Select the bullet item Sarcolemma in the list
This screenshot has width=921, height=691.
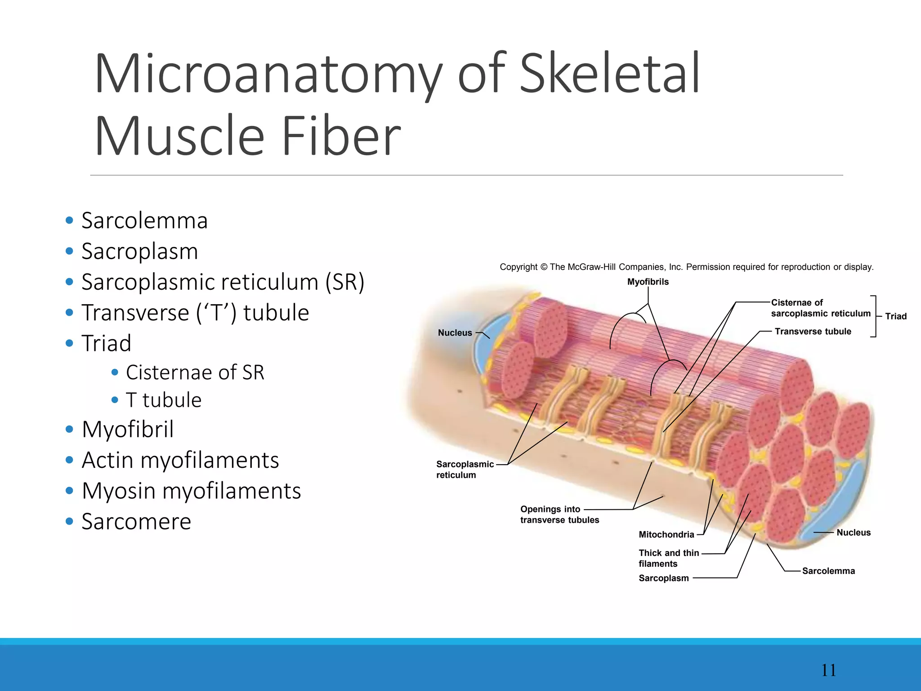tap(144, 221)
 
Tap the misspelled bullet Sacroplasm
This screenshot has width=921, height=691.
tap(139, 251)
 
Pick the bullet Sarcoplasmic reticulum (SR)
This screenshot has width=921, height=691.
tap(223, 283)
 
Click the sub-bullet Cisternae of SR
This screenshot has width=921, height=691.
tap(195, 372)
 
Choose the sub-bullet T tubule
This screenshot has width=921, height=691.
tap(163, 400)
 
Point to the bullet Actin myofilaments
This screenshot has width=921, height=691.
tap(180, 460)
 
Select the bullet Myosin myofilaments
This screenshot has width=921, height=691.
tap(191, 491)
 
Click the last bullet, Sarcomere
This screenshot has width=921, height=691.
tap(136, 522)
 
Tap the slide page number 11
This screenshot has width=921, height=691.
tap(828, 670)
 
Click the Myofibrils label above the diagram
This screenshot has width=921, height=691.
tap(648, 282)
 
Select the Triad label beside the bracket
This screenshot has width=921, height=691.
tap(896, 316)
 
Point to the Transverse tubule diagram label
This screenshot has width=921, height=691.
tap(813, 332)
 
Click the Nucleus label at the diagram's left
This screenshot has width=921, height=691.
tap(455, 333)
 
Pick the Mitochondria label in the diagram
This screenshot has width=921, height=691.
tap(666, 534)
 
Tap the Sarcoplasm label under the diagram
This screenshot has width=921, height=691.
tap(663, 578)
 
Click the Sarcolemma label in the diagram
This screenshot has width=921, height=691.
tap(828, 571)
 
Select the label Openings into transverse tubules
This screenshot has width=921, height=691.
tap(559, 515)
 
